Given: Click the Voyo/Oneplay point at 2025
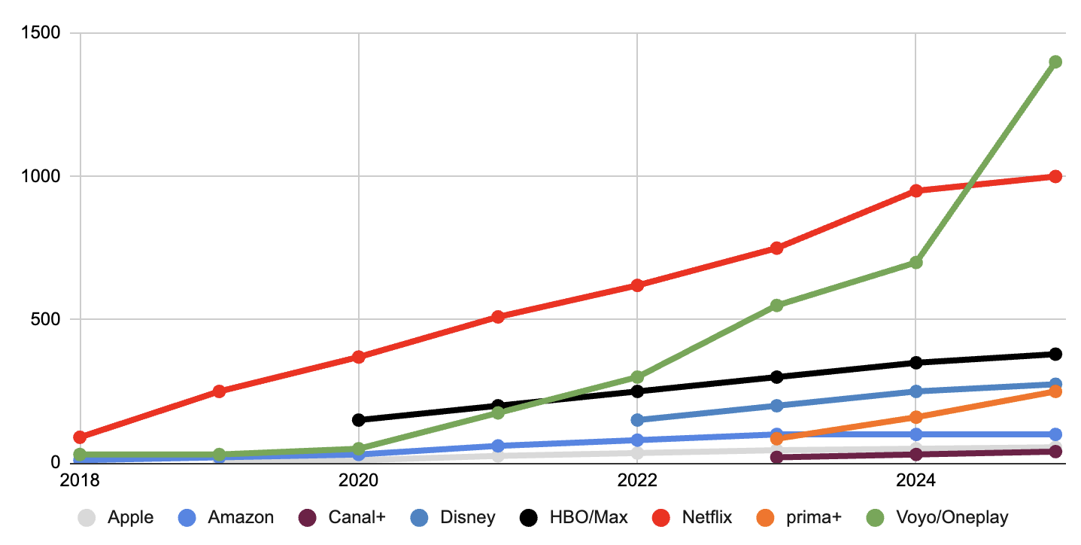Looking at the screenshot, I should point(1055,62).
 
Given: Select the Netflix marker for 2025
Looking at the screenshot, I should point(1055,176).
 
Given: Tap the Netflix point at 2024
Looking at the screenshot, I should point(916,190).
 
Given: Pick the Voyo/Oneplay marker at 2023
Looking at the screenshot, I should point(776,305).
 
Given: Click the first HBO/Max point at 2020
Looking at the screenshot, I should point(359,419).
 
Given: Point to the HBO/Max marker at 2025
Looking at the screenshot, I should point(1055,354).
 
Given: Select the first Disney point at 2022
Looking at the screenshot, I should point(637,419).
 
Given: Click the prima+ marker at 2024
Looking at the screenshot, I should point(916,417).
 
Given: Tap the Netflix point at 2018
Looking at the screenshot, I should point(80,437).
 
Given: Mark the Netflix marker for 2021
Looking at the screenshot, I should point(498,316).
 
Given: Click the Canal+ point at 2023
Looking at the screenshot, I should point(776,457).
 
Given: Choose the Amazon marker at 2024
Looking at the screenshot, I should point(916,434).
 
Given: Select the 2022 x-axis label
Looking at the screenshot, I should point(637,480).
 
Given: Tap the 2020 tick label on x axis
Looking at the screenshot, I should point(359,480).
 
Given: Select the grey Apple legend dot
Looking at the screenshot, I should point(87,518).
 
